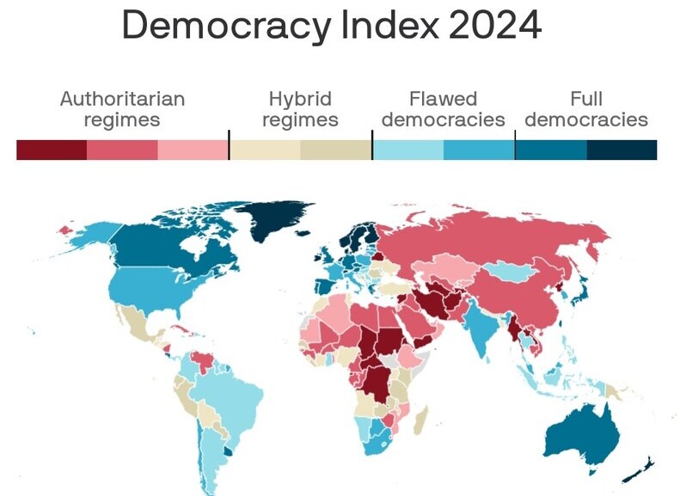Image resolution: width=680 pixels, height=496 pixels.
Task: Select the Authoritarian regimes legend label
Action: tap(122, 109)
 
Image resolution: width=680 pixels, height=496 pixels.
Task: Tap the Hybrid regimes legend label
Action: tap(300, 109)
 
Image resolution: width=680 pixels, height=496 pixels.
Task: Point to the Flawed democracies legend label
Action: tap(443, 109)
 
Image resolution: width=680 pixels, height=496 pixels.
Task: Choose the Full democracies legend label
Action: tap(586, 109)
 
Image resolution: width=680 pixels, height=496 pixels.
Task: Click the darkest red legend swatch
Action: tap(52, 150)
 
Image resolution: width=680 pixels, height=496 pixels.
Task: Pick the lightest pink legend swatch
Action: tap(193, 150)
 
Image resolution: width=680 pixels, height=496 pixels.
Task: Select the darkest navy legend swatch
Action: tap(622, 150)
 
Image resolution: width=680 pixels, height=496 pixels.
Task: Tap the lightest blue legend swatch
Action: tap(407, 150)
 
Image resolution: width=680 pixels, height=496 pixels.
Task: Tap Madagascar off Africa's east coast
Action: tap(420, 420)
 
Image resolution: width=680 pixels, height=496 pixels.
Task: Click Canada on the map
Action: tap(155, 249)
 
